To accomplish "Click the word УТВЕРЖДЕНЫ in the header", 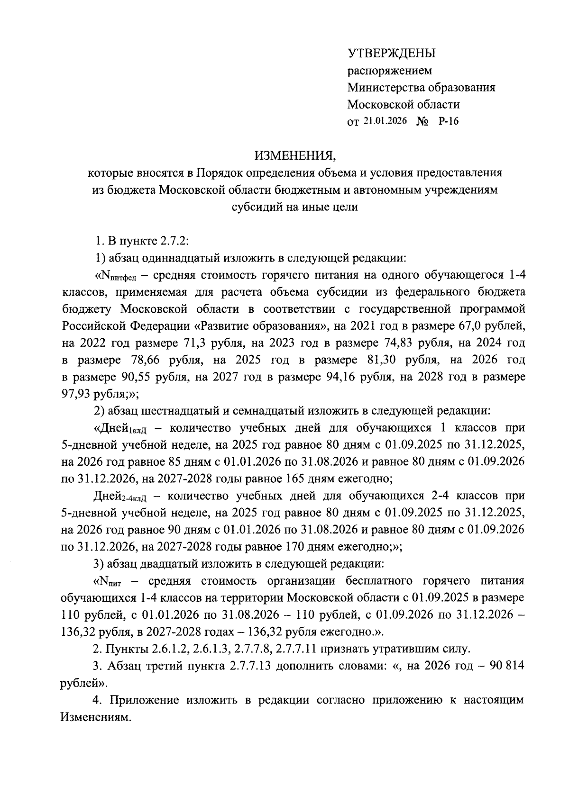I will (391, 54).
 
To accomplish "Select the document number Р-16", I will (449, 121).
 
